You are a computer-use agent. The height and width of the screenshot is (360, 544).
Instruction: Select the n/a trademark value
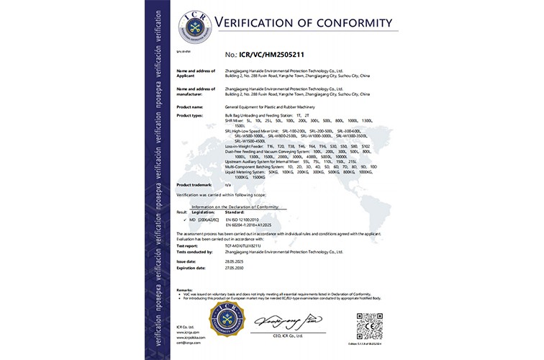click(x=228, y=185)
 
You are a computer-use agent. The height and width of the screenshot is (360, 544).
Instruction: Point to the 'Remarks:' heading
click(x=185, y=288)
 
